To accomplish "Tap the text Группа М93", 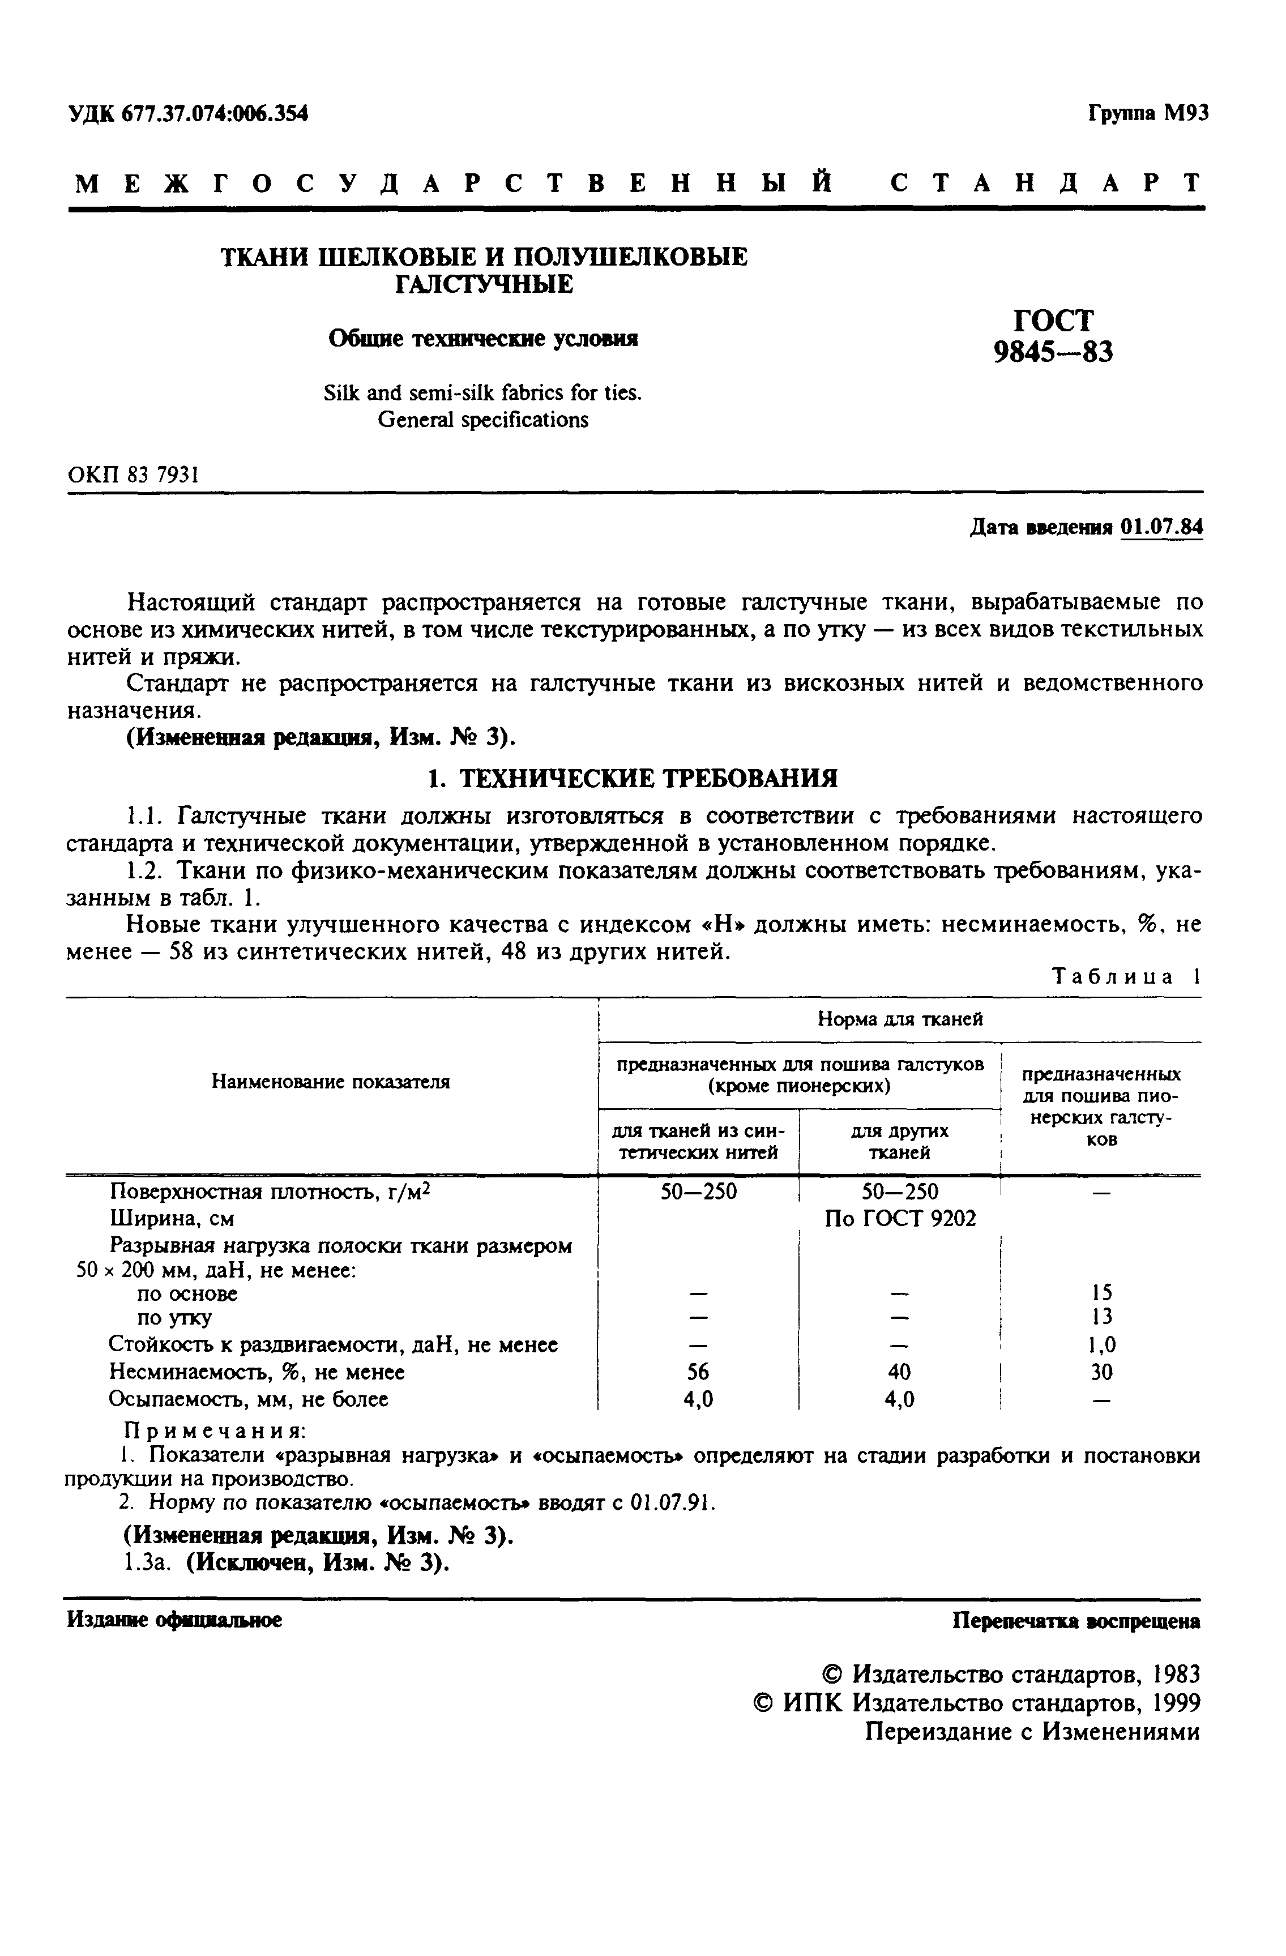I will point(1148,113).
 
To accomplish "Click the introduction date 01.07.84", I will point(1161,526).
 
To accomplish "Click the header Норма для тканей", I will point(900,1019).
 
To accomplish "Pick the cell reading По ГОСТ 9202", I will point(900,1218).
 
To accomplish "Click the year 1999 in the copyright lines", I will point(1176,1702).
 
